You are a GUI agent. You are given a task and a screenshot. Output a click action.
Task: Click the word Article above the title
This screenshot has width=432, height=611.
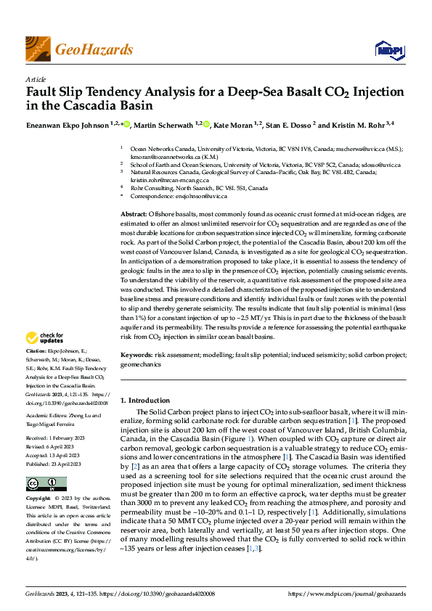(x=35, y=78)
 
